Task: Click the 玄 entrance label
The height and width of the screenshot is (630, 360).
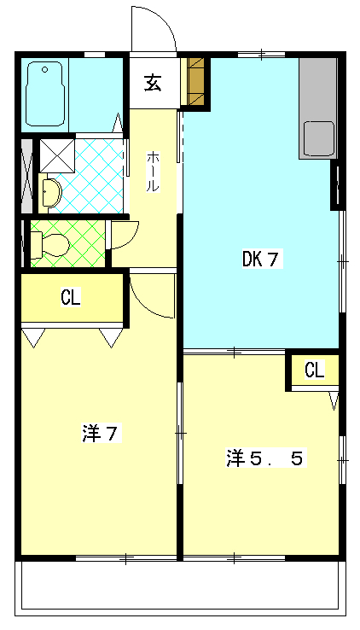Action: click(x=154, y=83)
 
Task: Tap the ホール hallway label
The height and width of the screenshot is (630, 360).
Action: click(x=153, y=172)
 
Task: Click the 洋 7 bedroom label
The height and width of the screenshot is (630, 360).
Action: click(x=101, y=434)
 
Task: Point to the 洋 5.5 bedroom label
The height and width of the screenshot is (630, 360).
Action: click(x=264, y=458)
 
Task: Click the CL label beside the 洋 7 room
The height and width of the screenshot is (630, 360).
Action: click(x=71, y=298)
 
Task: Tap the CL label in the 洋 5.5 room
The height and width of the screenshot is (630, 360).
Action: click(x=315, y=370)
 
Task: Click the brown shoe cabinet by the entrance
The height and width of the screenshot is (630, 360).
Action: click(x=196, y=82)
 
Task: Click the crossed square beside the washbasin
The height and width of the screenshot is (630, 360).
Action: click(x=58, y=155)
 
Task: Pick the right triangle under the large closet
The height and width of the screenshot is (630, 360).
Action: click(x=111, y=338)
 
